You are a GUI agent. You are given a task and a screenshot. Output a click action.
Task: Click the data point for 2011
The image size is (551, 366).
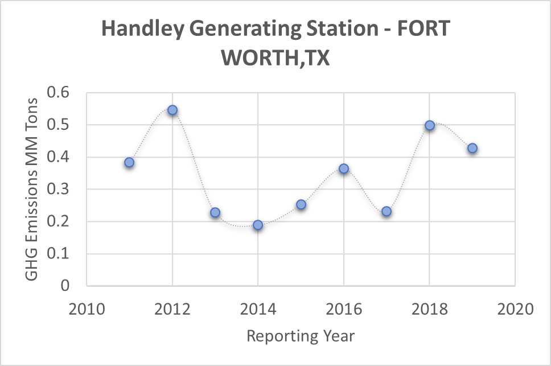click(129, 162)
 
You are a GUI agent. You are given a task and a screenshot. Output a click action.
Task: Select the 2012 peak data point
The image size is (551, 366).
click(172, 110)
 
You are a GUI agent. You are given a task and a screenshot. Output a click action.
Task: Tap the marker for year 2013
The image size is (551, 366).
click(215, 212)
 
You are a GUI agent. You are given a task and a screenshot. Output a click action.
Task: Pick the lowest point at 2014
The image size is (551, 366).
click(258, 225)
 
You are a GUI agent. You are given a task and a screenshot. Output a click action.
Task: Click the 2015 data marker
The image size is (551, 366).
click(301, 204)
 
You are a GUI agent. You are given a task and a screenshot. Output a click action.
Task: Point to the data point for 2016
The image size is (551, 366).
click(344, 168)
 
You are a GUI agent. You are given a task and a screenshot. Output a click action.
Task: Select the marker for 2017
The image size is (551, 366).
click(386, 211)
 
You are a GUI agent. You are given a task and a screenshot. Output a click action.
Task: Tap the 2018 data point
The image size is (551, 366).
click(430, 125)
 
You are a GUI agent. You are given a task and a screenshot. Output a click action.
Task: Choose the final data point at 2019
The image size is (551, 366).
click(472, 149)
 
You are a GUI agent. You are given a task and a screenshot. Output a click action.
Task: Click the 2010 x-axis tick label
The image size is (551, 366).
click(87, 310)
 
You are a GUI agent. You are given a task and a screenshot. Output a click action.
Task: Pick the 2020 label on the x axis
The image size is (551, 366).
click(515, 310)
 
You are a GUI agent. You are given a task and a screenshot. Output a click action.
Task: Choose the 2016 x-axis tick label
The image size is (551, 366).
click(344, 310)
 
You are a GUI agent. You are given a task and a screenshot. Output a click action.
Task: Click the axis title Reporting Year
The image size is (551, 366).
click(301, 336)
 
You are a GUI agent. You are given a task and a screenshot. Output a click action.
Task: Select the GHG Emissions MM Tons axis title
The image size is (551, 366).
click(32, 189)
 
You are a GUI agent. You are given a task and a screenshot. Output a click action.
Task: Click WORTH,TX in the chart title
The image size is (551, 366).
click(275, 58)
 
